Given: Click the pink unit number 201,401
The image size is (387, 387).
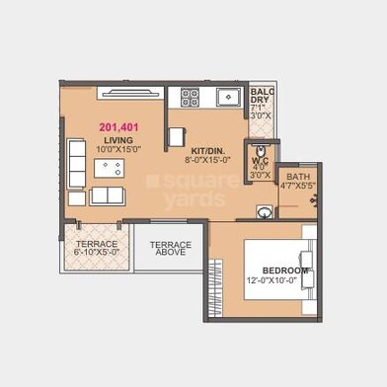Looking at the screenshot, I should coord(119,127).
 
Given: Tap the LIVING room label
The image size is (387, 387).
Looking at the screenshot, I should coord(119,140).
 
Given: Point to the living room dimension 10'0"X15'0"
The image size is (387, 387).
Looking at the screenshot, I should coord(119,150).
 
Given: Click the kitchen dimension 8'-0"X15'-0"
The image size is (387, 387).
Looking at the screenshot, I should coord(206,158).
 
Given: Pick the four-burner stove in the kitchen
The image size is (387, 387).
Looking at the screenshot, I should coord(190,97).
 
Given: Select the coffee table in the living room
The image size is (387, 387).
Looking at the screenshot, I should coord(108,167).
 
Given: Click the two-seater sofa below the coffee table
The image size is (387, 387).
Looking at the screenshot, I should coord(109,194).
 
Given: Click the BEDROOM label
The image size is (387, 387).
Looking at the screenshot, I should coord(285,270).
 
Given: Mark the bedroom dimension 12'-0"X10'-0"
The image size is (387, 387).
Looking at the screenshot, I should coord(286,281).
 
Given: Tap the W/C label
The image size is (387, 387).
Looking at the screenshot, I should coord(260,161).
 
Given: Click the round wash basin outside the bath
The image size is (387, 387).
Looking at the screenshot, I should coord(265,211).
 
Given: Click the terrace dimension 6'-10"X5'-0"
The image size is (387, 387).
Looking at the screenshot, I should coord(97,253).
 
